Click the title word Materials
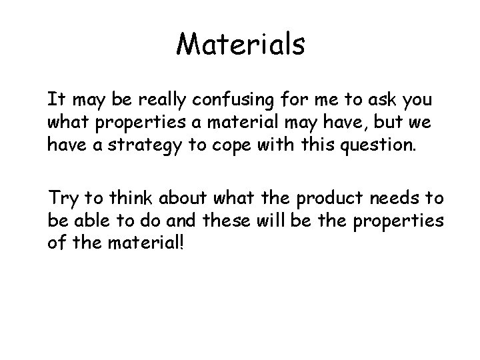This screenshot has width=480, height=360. click(x=241, y=45)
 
